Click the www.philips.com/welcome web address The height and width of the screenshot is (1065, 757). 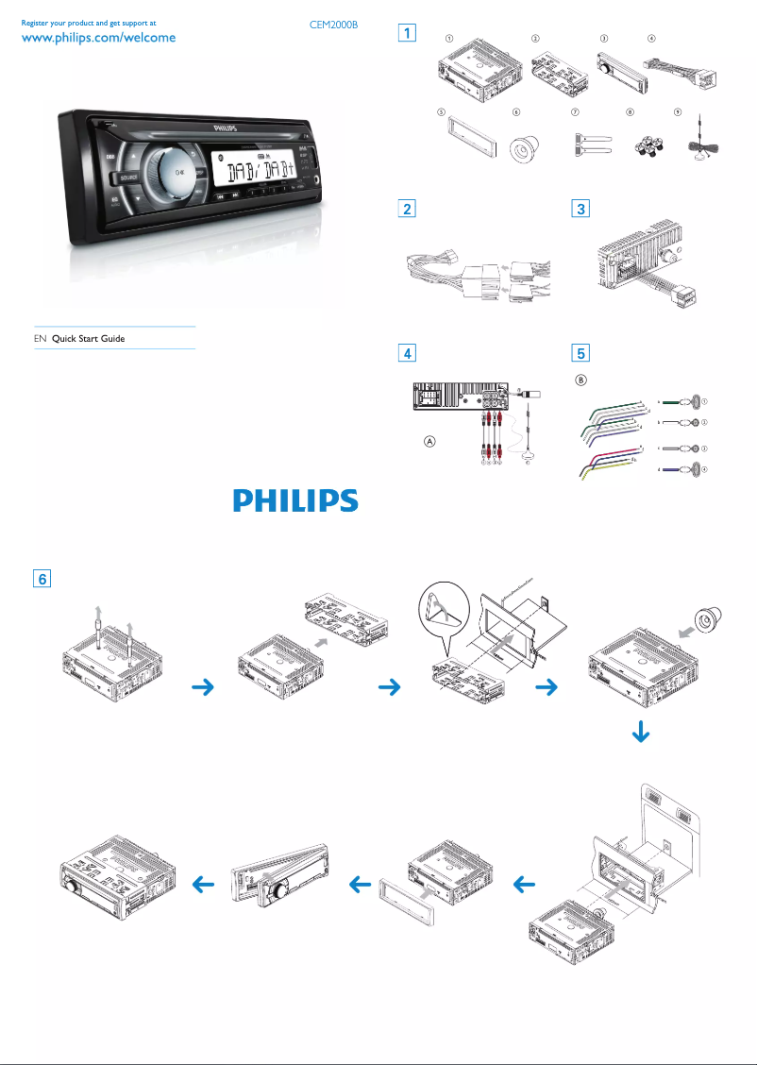pos(98,39)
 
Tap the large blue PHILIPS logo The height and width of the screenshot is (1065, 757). pos(296,500)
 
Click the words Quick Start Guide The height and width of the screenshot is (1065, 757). pos(88,338)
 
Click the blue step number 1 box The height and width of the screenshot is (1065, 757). pos(407,34)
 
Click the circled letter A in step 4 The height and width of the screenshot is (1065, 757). pos(429,443)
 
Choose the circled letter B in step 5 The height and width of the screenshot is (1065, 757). pos(581,380)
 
